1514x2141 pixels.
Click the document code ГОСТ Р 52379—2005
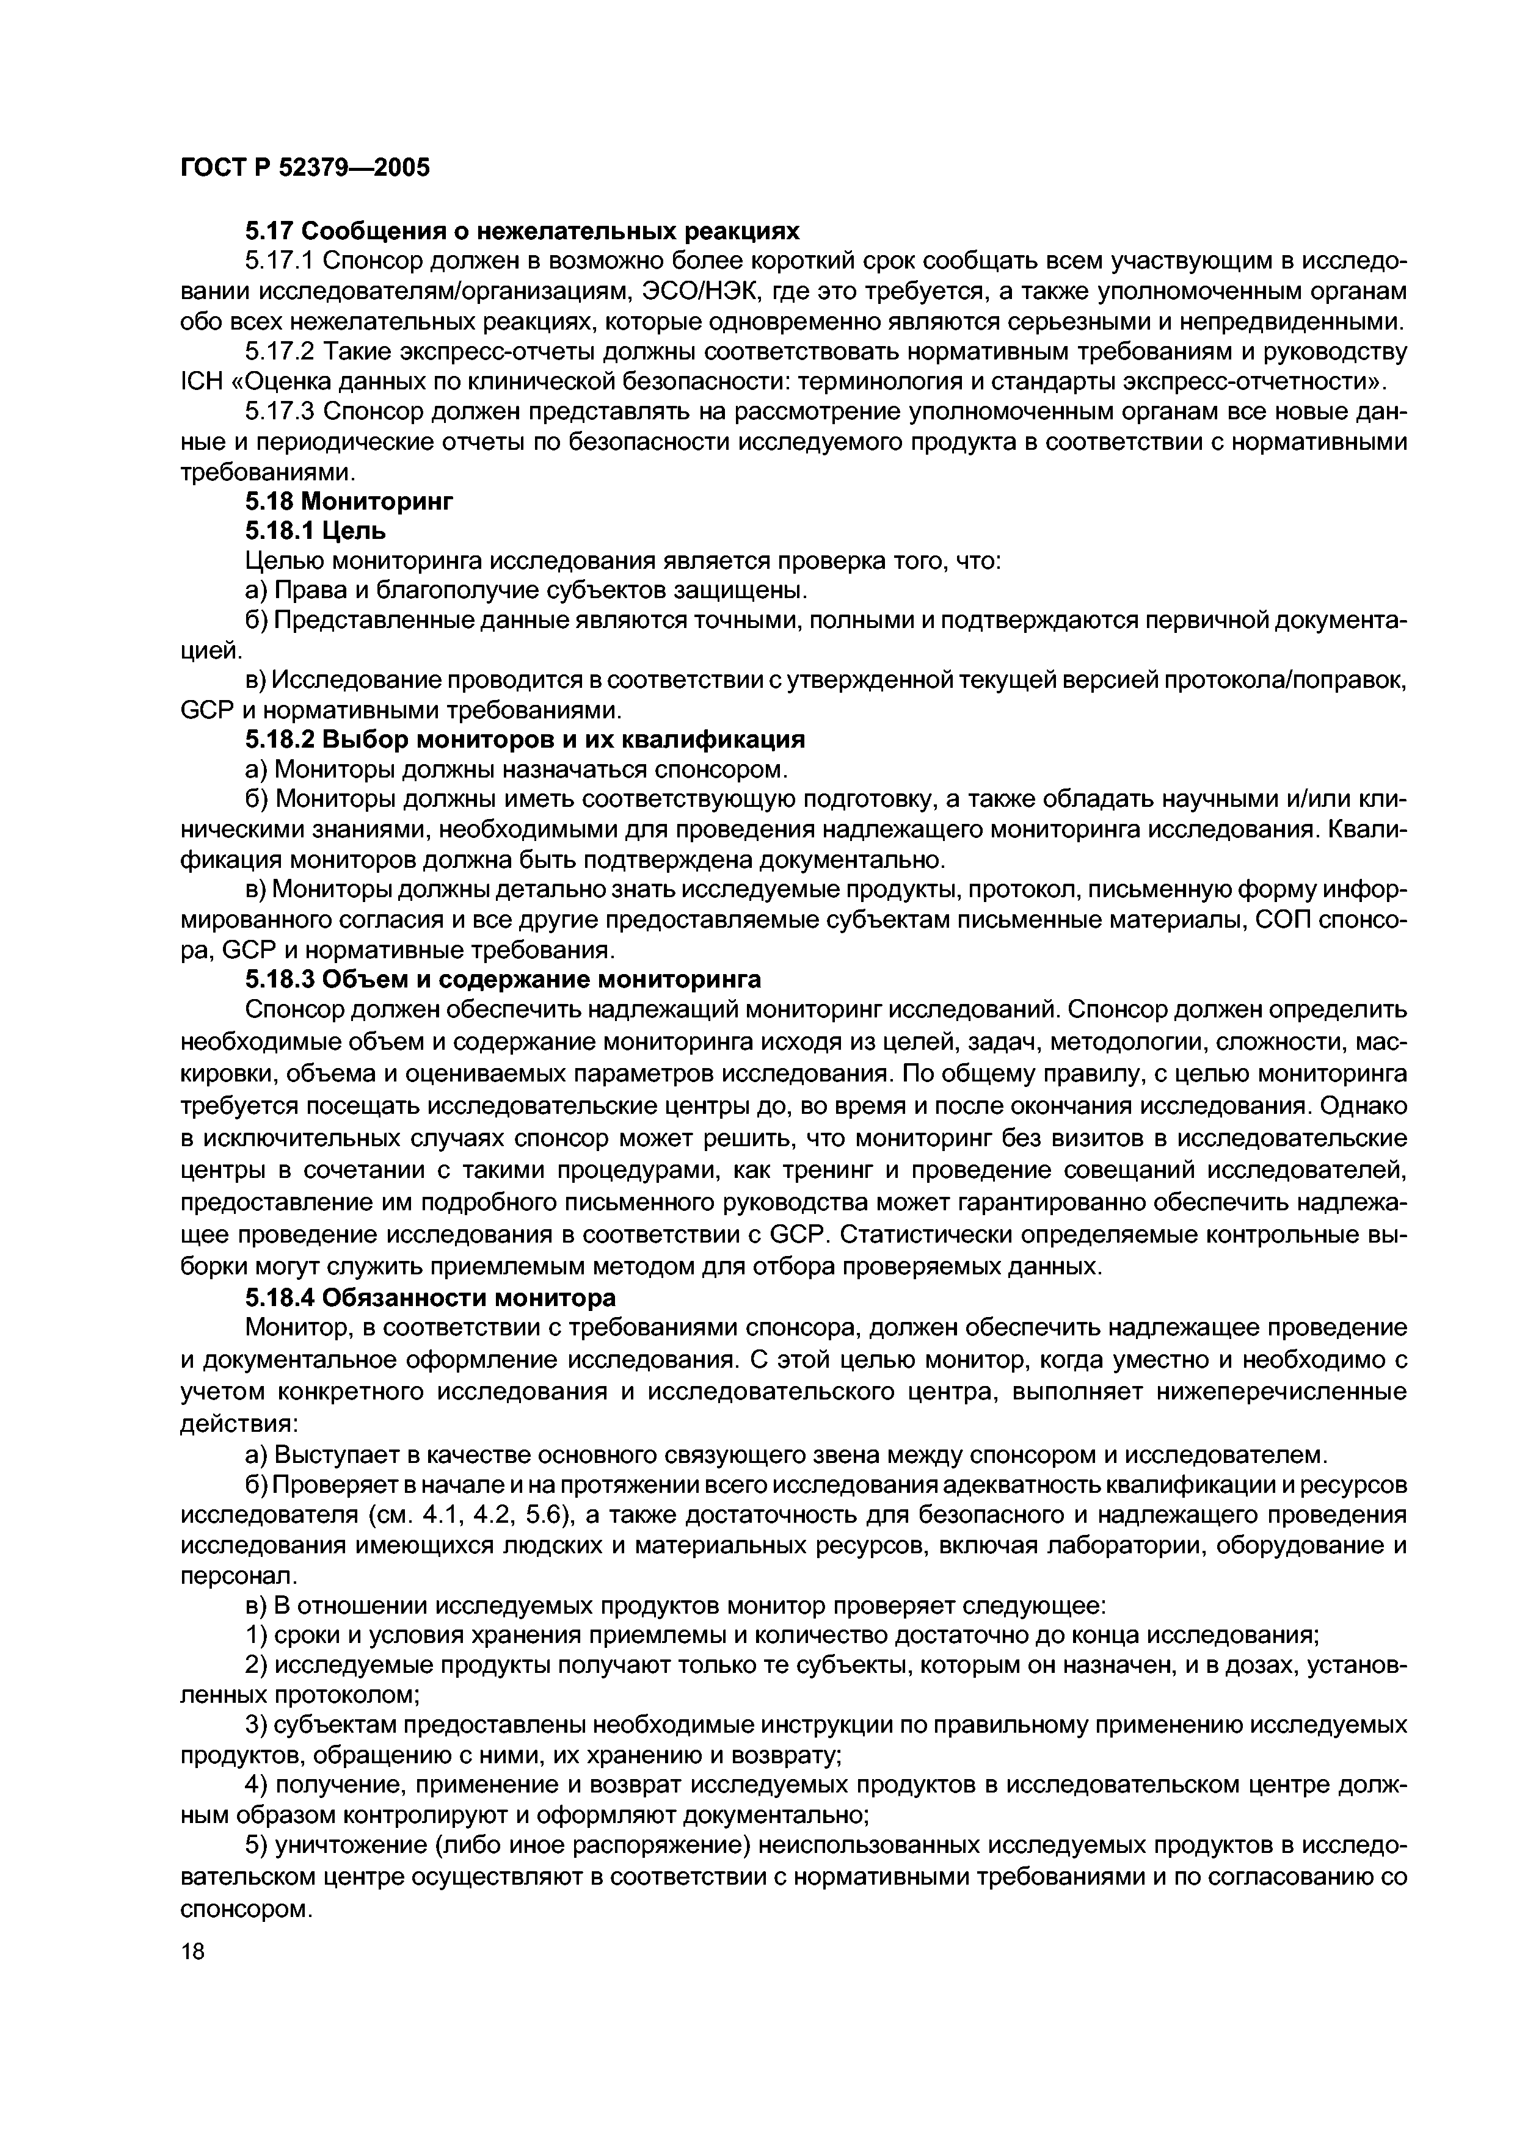point(305,169)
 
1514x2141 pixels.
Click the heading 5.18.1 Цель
point(315,530)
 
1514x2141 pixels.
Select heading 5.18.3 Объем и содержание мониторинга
point(503,979)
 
